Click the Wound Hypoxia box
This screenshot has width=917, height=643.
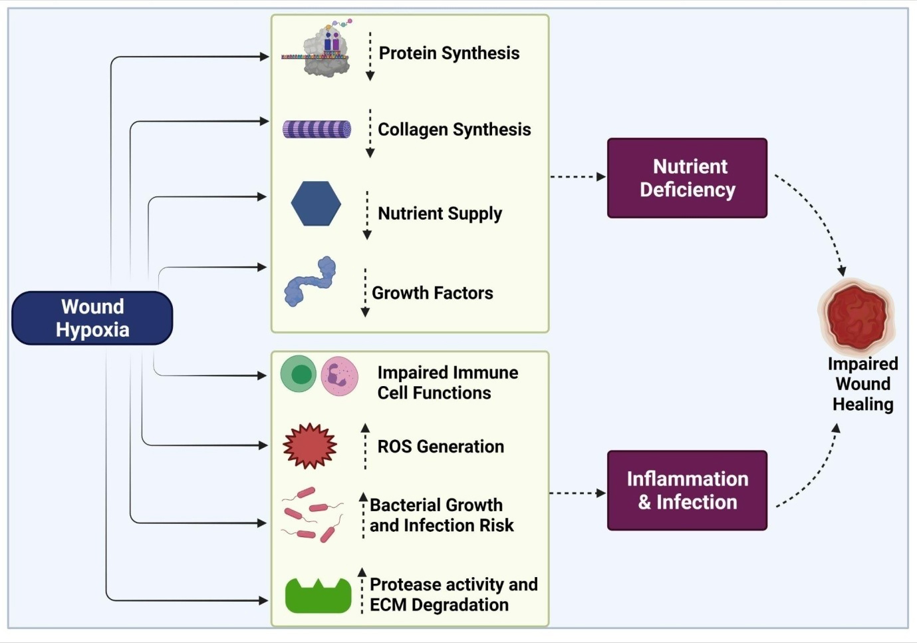(92, 318)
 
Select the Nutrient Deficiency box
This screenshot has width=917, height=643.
(688, 178)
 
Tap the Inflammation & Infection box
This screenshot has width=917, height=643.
(688, 491)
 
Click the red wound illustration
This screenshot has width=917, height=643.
(857, 316)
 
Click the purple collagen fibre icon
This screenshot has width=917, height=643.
(317, 129)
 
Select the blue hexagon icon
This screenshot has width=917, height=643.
(316, 204)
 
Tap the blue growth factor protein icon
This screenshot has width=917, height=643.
(310, 282)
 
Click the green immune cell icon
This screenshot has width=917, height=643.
(299, 373)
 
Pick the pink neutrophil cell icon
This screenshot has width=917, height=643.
(339, 376)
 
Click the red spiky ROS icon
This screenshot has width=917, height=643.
(310, 446)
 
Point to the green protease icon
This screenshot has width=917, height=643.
(318, 596)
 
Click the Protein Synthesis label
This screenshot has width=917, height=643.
(449, 53)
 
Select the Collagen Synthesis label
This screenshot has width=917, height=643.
(454, 130)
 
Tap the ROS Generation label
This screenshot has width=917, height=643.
(440, 447)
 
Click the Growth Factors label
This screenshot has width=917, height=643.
(432, 293)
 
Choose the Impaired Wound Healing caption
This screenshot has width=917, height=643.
(863, 384)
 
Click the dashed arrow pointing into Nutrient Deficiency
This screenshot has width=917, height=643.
(578, 176)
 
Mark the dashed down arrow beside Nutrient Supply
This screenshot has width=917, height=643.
(367, 215)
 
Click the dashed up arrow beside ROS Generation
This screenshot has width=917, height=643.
(365, 447)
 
